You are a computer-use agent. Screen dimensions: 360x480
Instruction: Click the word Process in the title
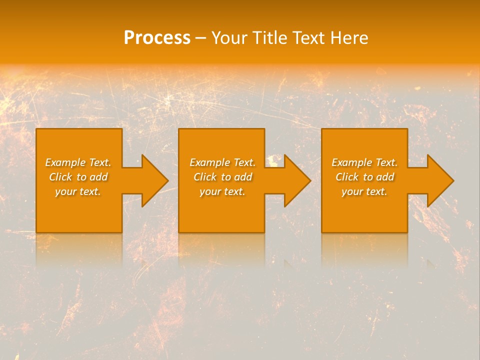157,38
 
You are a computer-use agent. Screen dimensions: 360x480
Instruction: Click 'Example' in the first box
65,162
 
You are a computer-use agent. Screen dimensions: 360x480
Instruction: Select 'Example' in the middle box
209,162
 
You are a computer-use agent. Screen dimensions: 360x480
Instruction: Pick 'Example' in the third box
351,162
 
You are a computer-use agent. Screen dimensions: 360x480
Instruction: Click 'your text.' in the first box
78,191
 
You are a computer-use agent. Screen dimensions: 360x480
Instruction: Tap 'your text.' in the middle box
222,191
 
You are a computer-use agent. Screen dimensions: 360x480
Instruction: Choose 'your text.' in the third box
364,191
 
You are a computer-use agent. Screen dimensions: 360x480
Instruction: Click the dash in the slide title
200,38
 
